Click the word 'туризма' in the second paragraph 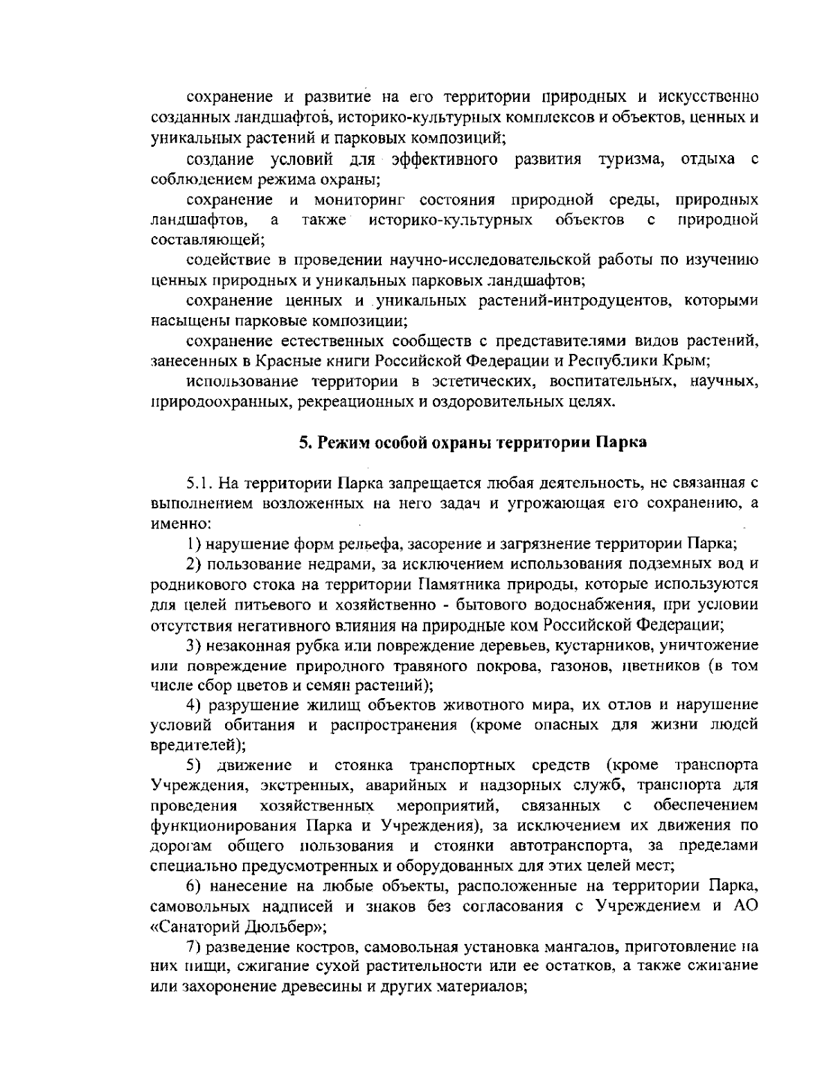(x=630, y=161)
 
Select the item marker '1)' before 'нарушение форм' (x=194, y=543)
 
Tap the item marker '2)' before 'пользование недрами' (x=194, y=563)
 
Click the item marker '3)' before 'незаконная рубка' (x=194, y=645)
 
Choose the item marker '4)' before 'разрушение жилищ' (x=194, y=705)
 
